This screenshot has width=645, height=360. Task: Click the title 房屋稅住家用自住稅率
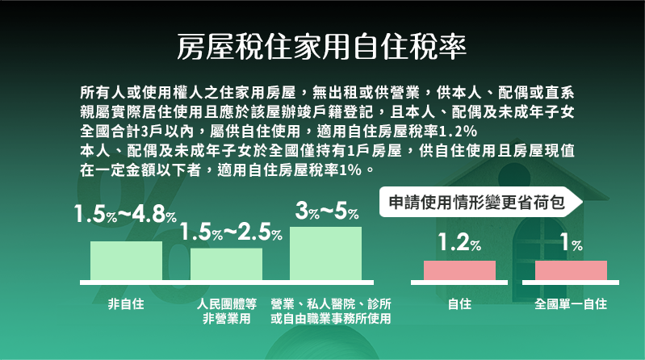pyautogui.click(x=321, y=47)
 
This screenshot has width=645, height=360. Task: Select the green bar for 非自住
pyautogui.click(x=126, y=261)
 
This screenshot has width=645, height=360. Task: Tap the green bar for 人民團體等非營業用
pyautogui.click(x=226, y=265)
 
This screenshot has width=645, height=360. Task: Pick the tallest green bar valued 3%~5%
pyautogui.click(x=326, y=253)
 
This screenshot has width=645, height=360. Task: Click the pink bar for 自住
pyautogui.click(x=459, y=270)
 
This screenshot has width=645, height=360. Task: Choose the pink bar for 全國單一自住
pyautogui.click(x=571, y=270)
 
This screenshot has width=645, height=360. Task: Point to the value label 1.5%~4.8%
pyautogui.click(x=125, y=215)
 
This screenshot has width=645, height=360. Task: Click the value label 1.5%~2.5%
pyautogui.click(x=231, y=232)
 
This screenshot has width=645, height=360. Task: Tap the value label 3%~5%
pyautogui.click(x=327, y=211)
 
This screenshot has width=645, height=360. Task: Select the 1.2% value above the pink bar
pyautogui.click(x=459, y=242)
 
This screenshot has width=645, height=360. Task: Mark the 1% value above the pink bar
pyautogui.click(x=572, y=242)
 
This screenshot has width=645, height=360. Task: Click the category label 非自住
pyautogui.click(x=126, y=304)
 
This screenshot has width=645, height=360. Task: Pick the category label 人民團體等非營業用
pyautogui.click(x=227, y=311)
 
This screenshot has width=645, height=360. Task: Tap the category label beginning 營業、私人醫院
pyautogui.click(x=331, y=311)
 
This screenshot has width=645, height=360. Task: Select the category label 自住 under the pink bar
pyautogui.click(x=459, y=304)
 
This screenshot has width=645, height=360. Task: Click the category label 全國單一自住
pyautogui.click(x=571, y=304)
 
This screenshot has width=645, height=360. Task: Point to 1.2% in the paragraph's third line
pyautogui.click(x=458, y=132)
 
